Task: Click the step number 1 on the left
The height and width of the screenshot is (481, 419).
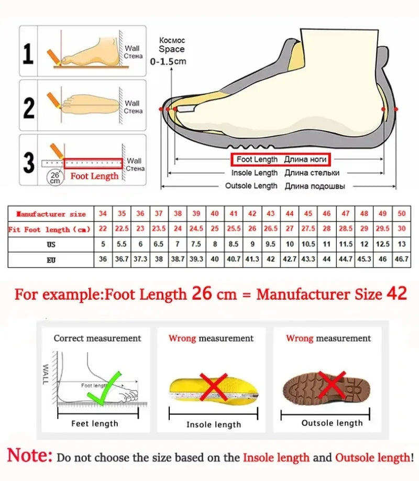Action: (x=29, y=54)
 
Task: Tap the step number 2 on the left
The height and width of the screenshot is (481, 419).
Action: (x=29, y=107)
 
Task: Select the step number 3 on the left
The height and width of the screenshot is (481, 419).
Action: (x=29, y=162)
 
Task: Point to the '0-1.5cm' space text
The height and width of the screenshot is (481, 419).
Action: (x=168, y=61)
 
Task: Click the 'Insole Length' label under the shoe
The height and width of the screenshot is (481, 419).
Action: (x=255, y=172)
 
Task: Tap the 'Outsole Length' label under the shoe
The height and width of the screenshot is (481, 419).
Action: (x=251, y=186)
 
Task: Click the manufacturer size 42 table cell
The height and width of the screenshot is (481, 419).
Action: (x=252, y=214)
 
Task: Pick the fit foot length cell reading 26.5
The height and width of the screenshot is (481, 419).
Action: (x=270, y=229)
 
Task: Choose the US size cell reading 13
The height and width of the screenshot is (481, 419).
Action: (x=401, y=244)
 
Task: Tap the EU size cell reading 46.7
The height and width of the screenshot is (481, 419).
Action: (x=401, y=259)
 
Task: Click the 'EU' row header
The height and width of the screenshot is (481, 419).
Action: (x=51, y=259)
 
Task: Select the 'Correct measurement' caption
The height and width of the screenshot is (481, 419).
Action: (x=97, y=338)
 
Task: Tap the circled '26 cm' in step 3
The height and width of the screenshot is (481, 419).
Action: (x=54, y=177)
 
